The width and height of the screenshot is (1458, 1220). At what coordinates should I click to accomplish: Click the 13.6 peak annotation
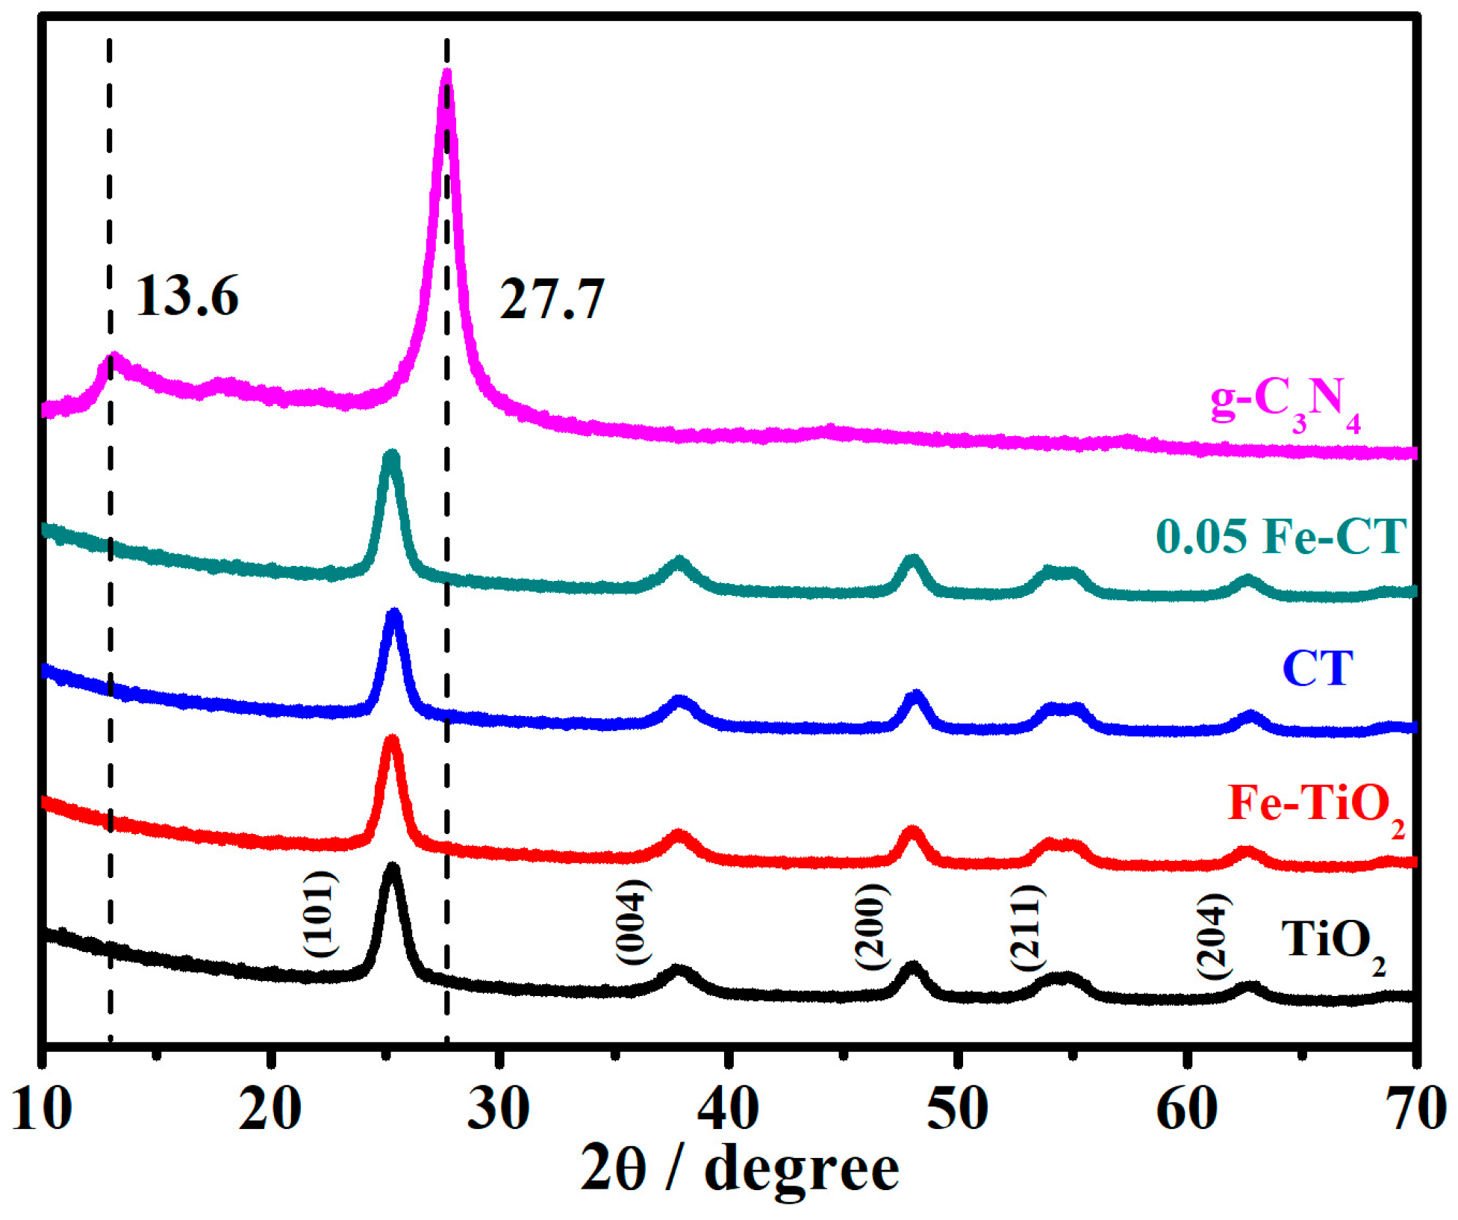187,296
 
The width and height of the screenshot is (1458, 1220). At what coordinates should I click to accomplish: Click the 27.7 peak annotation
551,299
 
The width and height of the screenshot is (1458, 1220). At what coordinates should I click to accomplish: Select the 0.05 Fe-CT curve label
1281,536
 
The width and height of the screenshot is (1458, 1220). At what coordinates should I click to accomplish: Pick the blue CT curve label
1318,668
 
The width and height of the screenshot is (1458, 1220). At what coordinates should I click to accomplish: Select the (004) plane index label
633,922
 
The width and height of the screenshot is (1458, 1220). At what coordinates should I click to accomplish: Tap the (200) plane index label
872,926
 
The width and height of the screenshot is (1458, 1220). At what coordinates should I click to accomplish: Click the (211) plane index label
1027,927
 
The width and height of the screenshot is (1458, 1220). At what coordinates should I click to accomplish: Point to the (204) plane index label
1213,936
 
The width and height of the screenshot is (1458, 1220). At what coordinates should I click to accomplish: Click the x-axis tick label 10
43,1109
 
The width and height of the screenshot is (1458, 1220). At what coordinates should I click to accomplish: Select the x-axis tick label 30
499,1109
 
